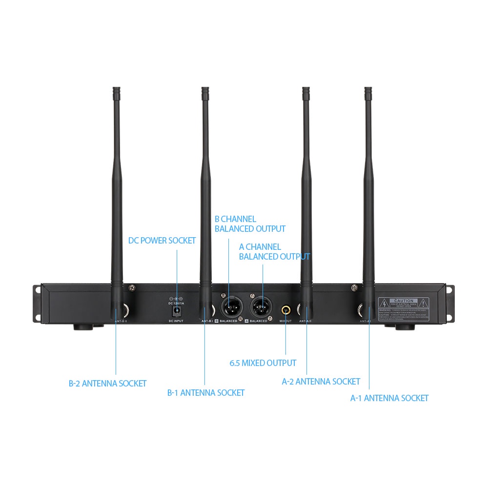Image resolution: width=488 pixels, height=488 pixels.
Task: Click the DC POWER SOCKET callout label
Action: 162,241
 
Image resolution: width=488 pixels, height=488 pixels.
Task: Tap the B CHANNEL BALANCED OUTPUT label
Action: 250,224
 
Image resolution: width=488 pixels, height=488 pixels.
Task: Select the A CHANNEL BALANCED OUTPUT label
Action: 274,252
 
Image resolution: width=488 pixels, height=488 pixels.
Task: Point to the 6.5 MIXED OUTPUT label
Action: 263,363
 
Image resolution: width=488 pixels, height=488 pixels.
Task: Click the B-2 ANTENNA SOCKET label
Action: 107,384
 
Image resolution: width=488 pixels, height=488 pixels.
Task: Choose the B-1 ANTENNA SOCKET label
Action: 205,392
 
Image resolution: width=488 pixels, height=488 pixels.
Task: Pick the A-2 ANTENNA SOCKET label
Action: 321,381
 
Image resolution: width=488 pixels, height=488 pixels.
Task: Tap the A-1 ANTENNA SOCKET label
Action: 389,398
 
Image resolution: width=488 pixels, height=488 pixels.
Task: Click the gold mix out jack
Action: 285,309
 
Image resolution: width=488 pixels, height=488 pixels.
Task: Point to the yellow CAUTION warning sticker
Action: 404,309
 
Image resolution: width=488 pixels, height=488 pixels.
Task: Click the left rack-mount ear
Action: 37,303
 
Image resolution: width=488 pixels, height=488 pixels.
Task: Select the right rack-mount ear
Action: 450,303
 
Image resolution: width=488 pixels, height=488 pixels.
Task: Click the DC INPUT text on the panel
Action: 176,321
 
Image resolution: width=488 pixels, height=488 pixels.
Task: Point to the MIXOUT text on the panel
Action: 285,321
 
